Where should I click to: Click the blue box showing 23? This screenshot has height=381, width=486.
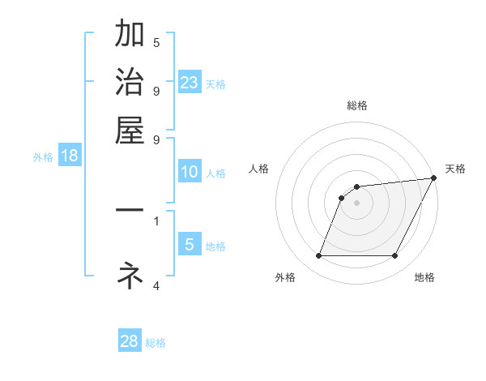tap(190, 82)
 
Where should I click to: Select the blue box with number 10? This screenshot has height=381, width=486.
tap(190, 172)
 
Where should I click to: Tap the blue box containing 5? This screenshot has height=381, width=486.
tap(190, 245)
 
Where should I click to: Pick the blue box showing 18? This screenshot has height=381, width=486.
tap(70, 156)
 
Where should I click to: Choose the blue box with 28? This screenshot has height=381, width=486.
tap(130, 341)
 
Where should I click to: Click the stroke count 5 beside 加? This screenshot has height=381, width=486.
tap(156, 42)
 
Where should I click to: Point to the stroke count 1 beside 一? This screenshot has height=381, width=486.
tap(156, 220)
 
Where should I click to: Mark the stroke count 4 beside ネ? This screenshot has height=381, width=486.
tap(156, 285)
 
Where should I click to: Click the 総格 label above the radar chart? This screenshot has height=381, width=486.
tap(356, 105)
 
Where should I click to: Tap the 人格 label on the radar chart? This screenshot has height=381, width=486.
tap(259, 169)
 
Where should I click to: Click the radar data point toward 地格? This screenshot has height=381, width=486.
tap(395, 256)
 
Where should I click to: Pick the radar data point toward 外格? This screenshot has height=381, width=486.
tap(318, 256)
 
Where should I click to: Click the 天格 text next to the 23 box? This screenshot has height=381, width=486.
tap(215, 83)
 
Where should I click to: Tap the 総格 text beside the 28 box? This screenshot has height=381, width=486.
tap(156, 343)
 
